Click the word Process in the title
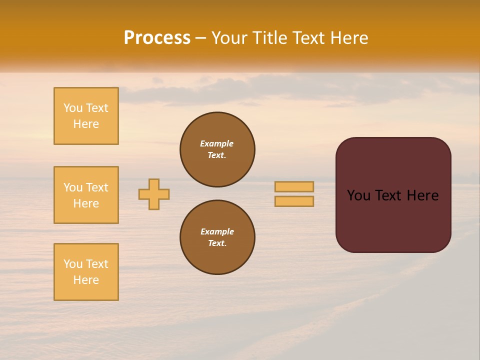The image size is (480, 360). point(157,38)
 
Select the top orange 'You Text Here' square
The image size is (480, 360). point(86,116)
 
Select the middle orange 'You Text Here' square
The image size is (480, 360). point(86,195)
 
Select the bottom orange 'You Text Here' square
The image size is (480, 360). point(86,272)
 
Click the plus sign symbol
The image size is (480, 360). point(154,194)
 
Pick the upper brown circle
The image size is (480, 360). point(217,149)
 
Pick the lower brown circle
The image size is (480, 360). point(217,237)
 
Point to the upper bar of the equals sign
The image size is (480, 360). point(294,187)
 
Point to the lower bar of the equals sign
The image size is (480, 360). point(294,201)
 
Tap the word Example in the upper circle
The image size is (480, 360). point(216,143)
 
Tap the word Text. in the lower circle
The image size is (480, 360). point(217,243)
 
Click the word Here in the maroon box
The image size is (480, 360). point(422,195)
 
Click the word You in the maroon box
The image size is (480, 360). point(358,195)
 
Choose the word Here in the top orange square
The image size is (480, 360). point(86,124)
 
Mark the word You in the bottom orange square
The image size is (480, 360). point(73,264)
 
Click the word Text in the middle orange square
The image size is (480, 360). point(96,187)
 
